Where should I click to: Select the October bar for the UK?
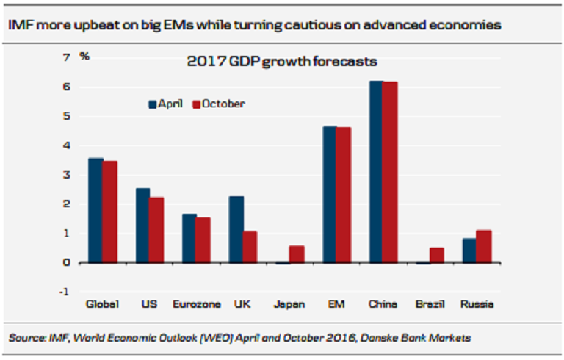click(x=250, y=247)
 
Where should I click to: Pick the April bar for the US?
click(x=142, y=225)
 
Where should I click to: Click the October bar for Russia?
click(x=484, y=246)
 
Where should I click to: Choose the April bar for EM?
click(x=330, y=194)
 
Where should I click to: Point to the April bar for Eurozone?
click(x=189, y=238)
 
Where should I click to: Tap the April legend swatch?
click(x=153, y=104)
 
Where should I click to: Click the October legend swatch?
click(x=196, y=104)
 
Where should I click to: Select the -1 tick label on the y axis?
click(x=65, y=292)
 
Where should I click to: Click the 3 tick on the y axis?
click(x=67, y=175)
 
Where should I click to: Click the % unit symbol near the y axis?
click(x=85, y=56)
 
